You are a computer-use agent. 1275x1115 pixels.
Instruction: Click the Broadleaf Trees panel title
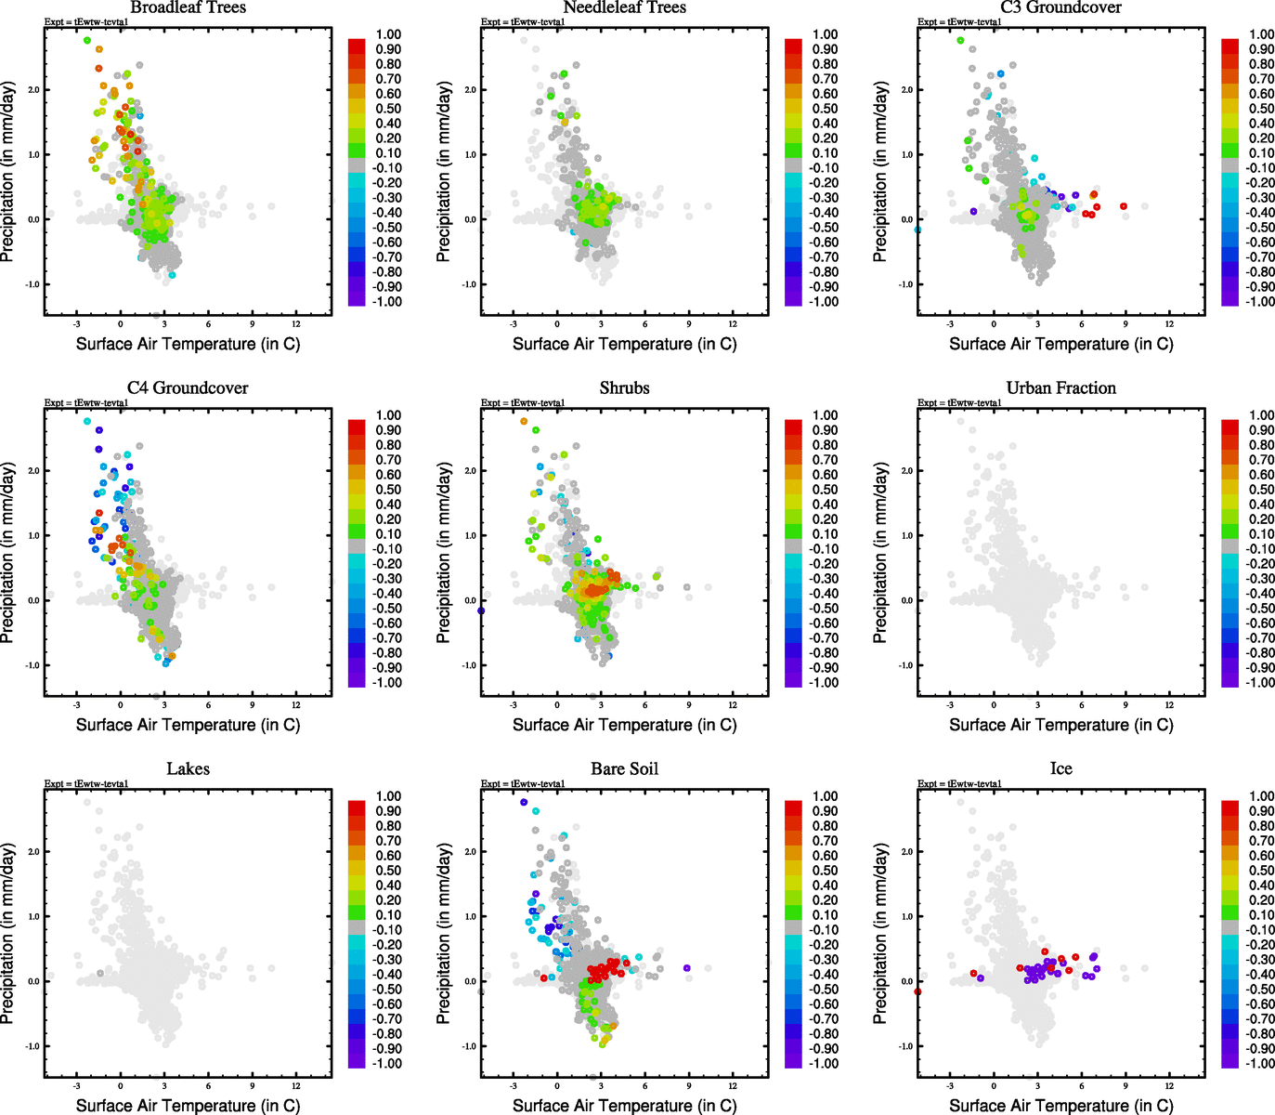[x=188, y=7]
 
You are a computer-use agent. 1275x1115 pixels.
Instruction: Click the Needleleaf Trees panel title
[x=624, y=7]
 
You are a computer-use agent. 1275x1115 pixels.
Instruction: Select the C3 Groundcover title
[x=1060, y=7]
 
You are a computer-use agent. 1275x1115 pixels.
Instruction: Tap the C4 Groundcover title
[x=188, y=388]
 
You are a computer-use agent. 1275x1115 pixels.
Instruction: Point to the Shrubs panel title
[x=624, y=388]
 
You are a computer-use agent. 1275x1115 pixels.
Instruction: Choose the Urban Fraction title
[x=1060, y=388]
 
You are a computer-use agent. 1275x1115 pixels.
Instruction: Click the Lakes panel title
[x=188, y=769]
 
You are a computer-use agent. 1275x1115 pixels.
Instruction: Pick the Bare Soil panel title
[x=624, y=769]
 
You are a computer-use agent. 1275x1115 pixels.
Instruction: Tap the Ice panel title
[x=1060, y=769]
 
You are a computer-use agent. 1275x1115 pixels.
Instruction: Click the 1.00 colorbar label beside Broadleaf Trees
[x=388, y=34]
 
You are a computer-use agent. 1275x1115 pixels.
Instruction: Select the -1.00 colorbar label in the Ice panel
[x=1259, y=1063]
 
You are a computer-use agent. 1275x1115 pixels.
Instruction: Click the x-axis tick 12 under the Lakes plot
[x=296, y=1085]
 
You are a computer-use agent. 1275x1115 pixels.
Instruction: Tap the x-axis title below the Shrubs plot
[x=624, y=725]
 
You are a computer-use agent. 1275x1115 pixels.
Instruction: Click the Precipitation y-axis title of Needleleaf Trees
[x=444, y=172]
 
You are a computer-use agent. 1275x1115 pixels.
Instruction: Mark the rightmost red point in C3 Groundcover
[x=1124, y=206]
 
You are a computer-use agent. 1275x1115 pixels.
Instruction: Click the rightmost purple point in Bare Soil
[x=687, y=968]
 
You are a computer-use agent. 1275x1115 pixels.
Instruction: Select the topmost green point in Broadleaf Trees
[x=87, y=40]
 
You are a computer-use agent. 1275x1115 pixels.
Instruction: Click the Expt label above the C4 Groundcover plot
[x=86, y=403]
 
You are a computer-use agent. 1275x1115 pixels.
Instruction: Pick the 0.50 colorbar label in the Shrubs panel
[x=825, y=490]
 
